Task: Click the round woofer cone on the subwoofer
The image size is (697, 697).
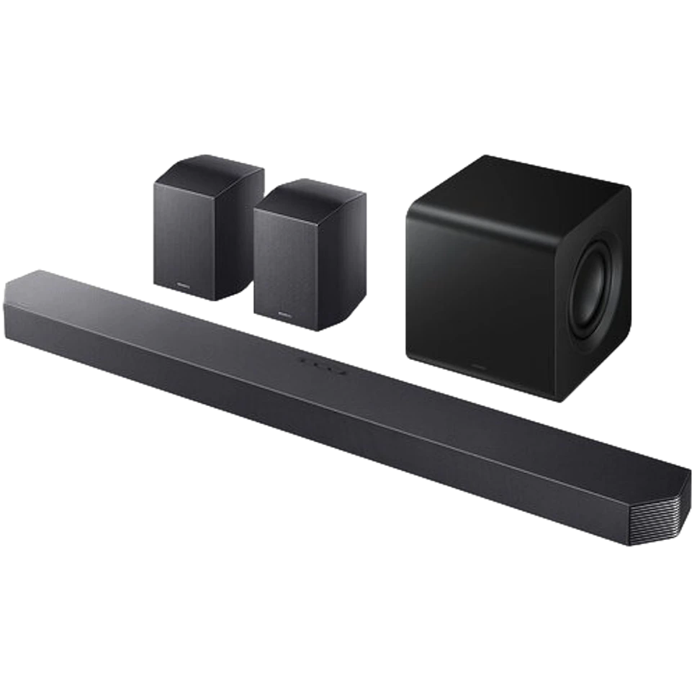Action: click(x=595, y=287)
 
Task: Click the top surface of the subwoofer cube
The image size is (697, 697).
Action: click(x=518, y=184)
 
